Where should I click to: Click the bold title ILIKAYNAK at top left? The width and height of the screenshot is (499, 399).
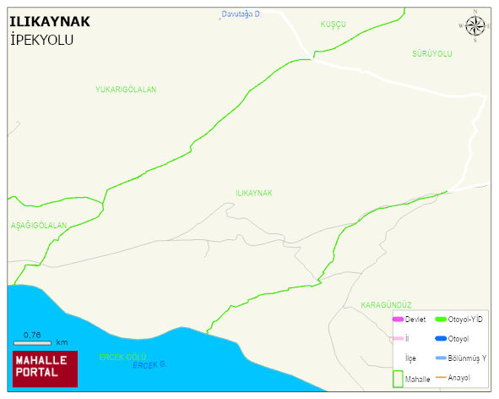pyautogui.click(x=50, y=23)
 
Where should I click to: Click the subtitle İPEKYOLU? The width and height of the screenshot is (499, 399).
pyautogui.click(x=41, y=40)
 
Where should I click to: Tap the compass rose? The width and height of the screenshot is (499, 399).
pyautogui.click(x=475, y=27)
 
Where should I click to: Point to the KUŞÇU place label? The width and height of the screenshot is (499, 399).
pyautogui.click(x=334, y=25)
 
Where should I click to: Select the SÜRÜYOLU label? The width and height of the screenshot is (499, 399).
pyautogui.click(x=432, y=53)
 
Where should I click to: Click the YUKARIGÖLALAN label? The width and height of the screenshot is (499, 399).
pyautogui.click(x=126, y=89)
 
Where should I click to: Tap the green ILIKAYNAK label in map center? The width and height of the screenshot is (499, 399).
pyautogui.click(x=253, y=194)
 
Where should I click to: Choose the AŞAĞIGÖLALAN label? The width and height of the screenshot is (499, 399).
pyautogui.click(x=38, y=226)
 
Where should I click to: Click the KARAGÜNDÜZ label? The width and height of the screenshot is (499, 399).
pyautogui.click(x=385, y=304)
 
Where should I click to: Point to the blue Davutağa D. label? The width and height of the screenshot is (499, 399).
pyautogui.click(x=241, y=14)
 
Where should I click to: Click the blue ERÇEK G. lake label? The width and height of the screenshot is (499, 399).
pyautogui.click(x=149, y=364)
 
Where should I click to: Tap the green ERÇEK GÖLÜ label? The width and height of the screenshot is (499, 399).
pyautogui.click(x=123, y=357)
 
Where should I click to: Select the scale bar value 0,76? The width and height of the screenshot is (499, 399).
pyautogui.click(x=32, y=336)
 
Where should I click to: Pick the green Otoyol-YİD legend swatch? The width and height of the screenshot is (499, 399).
pyautogui.click(x=440, y=319)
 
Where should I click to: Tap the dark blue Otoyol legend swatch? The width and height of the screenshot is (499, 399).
pyautogui.click(x=440, y=338)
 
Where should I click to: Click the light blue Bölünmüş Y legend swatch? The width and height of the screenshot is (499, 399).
pyautogui.click(x=440, y=358)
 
